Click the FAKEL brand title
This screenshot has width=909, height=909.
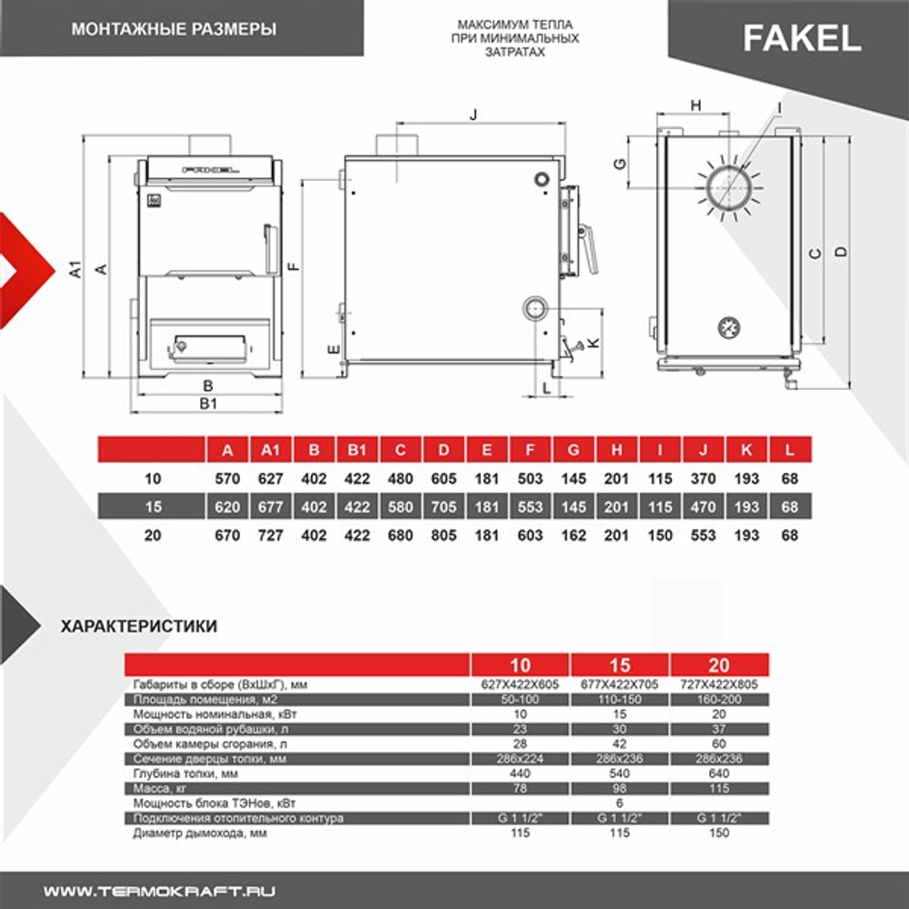coord(802,37)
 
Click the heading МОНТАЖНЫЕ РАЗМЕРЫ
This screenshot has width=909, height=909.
coord(174,29)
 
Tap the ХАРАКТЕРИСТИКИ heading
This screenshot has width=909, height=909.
coord(138,625)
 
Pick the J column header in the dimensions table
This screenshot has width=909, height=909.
coord(704,450)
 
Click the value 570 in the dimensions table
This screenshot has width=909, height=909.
coord(227,478)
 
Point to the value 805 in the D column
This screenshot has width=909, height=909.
coord(444,535)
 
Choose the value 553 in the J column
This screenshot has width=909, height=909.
coord(704,535)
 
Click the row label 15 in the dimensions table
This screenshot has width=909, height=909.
coord(153,506)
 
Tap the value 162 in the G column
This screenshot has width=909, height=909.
coord(573,535)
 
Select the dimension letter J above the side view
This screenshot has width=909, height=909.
coord(473,115)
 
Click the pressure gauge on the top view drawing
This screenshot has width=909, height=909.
coord(729,325)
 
